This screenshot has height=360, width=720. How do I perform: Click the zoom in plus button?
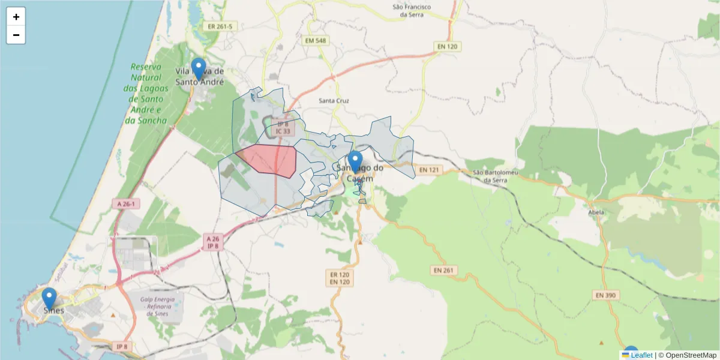coord(16,17)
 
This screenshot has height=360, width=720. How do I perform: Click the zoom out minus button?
coord(16,35)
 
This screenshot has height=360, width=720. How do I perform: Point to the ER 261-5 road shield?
coord(220,26)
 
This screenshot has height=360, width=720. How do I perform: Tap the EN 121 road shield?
coord(429,170)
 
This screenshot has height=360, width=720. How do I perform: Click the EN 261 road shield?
coord(443,270)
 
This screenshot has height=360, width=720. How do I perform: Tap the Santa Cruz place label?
coord(334,101)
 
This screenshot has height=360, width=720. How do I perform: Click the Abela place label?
coord(596,211)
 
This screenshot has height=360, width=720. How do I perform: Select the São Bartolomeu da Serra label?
coord(495,176)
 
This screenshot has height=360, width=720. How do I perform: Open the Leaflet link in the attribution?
coord(641,355)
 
